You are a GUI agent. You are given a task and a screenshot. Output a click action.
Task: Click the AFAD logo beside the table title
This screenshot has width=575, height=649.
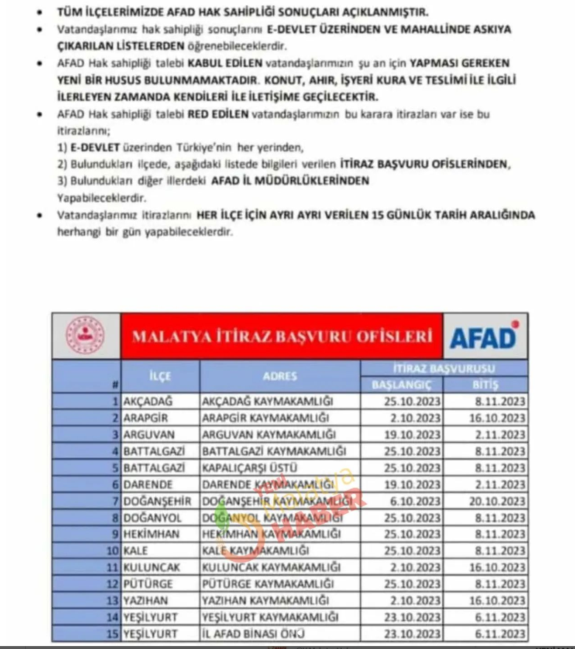(484, 337)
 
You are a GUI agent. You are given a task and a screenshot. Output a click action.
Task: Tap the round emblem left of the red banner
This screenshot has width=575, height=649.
(85, 337)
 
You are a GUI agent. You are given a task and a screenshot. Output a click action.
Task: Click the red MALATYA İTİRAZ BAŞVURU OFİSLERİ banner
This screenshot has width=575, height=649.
(281, 337)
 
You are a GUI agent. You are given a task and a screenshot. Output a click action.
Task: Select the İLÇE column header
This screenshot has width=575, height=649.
(160, 376)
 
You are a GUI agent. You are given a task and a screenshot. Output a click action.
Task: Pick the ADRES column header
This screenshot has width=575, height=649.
(280, 376)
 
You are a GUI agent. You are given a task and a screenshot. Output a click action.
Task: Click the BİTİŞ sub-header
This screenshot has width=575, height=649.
(485, 385)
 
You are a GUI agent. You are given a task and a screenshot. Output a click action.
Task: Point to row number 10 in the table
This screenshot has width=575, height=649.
(113, 550)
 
